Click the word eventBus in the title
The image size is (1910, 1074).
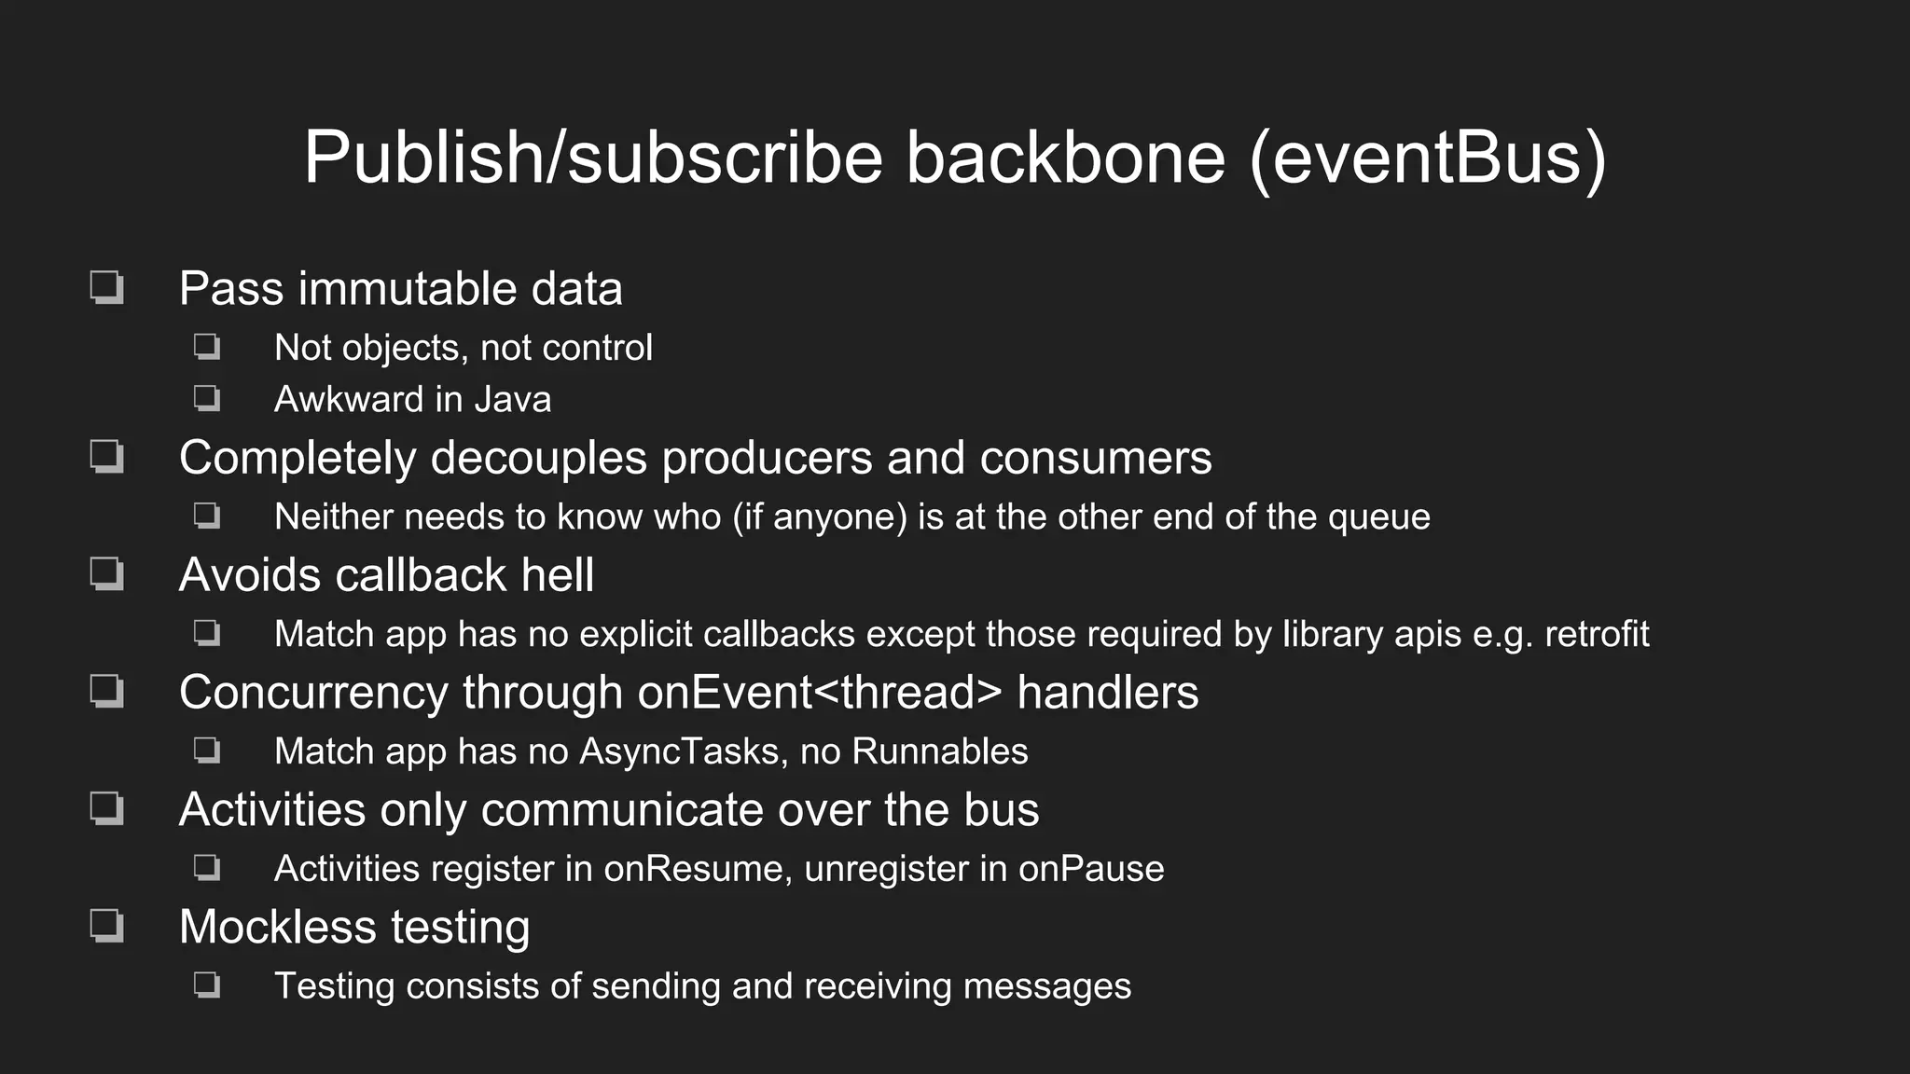pos(1427,158)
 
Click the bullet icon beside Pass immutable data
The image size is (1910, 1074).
pos(107,287)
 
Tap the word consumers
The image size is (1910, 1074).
pos(1095,459)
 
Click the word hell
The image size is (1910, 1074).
pos(557,575)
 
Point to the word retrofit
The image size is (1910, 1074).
pos(1597,635)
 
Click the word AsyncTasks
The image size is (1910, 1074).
pos(679,752)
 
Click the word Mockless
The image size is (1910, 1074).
pos(276,928)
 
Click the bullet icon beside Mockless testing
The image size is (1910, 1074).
pos(107,927)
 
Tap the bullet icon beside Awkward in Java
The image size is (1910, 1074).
pos(207,399)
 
